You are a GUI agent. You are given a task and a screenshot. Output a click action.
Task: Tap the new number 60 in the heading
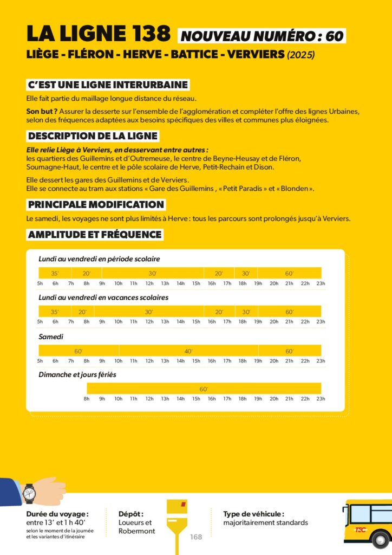coord(335,36)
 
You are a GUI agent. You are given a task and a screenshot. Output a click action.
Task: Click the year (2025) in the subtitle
coord(300,55)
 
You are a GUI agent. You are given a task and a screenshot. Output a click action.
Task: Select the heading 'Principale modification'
coord(96,204)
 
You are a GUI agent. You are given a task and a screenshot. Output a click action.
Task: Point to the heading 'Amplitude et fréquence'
coord(95,235)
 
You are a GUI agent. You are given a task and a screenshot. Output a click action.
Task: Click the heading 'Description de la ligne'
coord(93,136)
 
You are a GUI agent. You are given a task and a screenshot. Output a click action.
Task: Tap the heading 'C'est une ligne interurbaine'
coord(108,85)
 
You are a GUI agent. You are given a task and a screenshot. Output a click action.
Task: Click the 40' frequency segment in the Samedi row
coord(188,351)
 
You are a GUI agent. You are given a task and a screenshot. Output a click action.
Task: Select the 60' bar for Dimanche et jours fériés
coord(204,389)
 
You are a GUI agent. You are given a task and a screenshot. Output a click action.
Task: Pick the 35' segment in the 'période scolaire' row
coord(55,273)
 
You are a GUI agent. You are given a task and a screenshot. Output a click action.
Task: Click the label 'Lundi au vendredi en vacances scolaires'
coord(103,298)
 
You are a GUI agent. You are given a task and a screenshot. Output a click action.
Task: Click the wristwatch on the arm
coord(29,493)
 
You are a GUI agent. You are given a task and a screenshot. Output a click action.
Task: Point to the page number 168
coord(195,537)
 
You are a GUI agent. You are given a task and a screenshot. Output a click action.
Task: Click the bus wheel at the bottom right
coord(380,540)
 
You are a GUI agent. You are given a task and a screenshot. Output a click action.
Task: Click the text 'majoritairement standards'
coord(265,522)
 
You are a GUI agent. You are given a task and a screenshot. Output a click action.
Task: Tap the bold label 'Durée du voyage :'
coord(57,514)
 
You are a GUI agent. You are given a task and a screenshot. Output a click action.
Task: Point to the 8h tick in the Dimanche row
coord(87,399)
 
